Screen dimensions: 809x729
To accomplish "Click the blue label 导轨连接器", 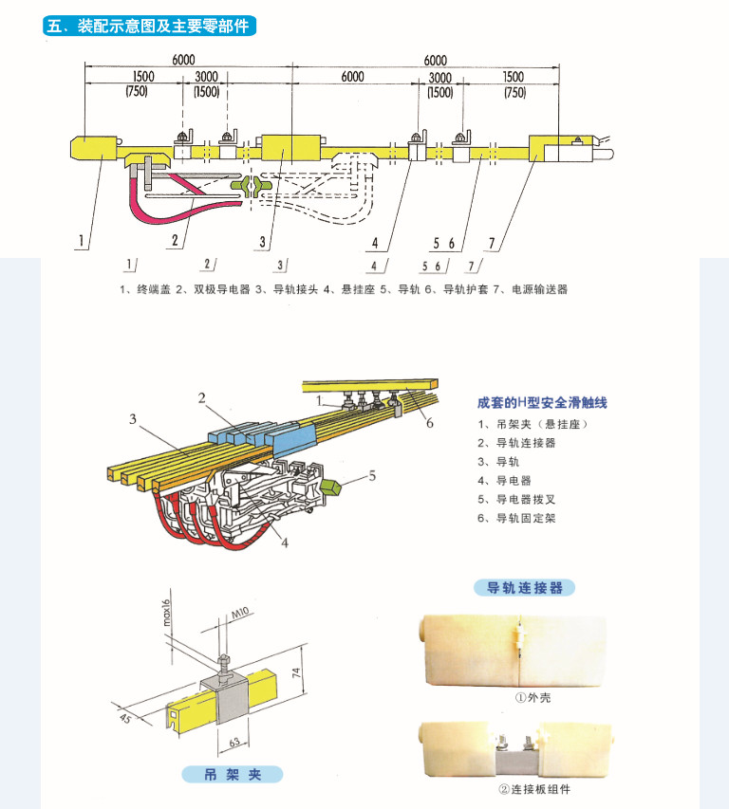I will click(524, 588).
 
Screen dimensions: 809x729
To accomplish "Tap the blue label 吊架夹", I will click(232, 775).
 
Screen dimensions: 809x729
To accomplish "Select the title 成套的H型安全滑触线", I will click(541, 403).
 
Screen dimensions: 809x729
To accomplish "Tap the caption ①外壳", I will click(533, 698).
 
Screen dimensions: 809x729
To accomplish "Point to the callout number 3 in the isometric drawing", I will click(134, 418).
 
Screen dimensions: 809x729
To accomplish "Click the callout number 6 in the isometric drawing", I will click(429, 423).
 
